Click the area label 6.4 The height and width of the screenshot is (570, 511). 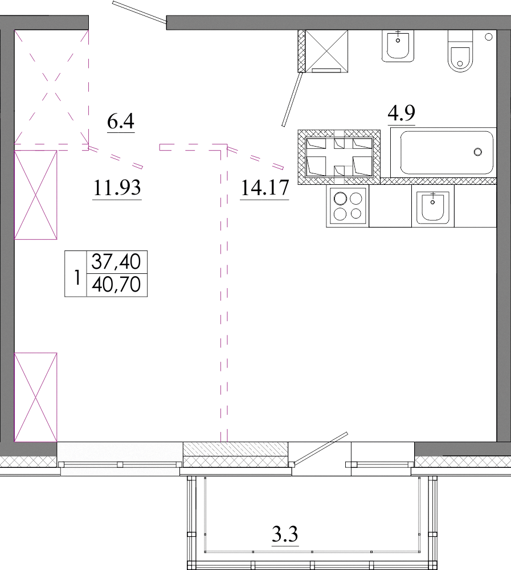[121, 121]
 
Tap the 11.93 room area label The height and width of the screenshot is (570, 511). [117, 188]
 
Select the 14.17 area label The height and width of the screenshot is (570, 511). [264, 188]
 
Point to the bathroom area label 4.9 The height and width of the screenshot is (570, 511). [402, 113]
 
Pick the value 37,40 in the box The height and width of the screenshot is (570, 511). [116, 262]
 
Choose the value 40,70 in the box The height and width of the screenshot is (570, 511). [116, 284]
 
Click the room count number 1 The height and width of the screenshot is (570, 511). [76, 278]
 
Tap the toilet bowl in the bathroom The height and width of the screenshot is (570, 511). [460, 51]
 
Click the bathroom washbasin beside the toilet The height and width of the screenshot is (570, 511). [398, 46]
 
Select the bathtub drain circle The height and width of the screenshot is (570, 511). [478, 152]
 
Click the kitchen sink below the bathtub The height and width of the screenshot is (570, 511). [432, 207]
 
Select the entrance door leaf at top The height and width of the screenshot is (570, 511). [140, 13]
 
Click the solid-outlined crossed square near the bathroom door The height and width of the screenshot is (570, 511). [326, 51]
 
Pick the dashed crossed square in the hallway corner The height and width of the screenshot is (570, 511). [51, 87]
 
